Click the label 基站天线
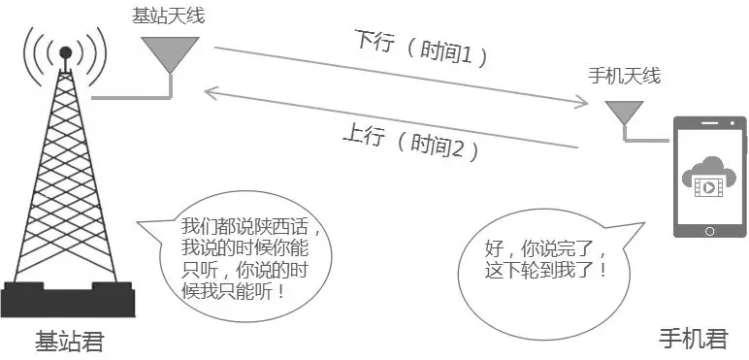click(x=169, y=16)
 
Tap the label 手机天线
click(x=624, y=75)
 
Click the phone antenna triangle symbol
click(x=624, y=110)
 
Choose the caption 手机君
click(x=693, y=339)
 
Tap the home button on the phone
click(x=711, y=232)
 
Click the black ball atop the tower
click(x=65, y=51)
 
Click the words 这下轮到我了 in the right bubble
click(x=548, y=269)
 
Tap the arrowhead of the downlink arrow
click(x=584, y=98)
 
